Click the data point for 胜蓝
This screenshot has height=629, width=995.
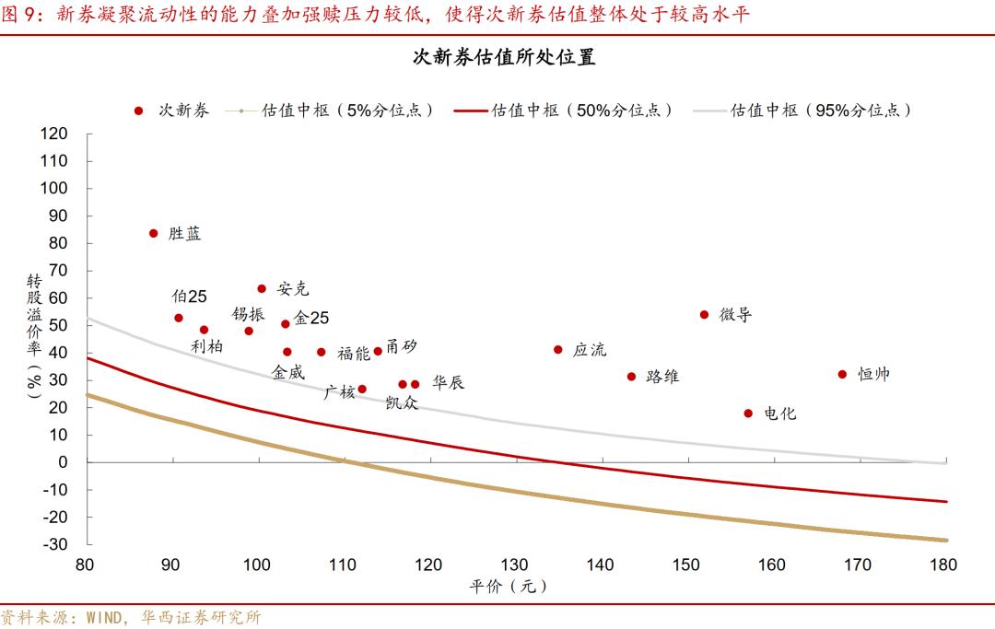[x=154, y=233]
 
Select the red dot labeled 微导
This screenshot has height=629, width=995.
[x=705, y=314]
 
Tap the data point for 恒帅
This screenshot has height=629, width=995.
[x=842, y=374]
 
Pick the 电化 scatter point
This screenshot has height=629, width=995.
[x=748, y=414]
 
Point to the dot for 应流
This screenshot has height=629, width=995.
[x=558, y=349]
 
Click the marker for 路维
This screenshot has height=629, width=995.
[x=632, y=376]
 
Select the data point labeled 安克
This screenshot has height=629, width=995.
[x=262, y=288]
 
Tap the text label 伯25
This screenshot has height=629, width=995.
[x=189, y=297]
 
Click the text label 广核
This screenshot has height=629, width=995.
[x=339, y=392]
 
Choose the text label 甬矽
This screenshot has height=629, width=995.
[x=401, y=345]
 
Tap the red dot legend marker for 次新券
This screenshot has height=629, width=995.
[x=138, y=110]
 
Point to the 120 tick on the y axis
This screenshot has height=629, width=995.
[x=54, y=134]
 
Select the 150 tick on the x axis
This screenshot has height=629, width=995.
[x=686, y=564]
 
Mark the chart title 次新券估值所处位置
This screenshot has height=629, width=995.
[x=503, y=57]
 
